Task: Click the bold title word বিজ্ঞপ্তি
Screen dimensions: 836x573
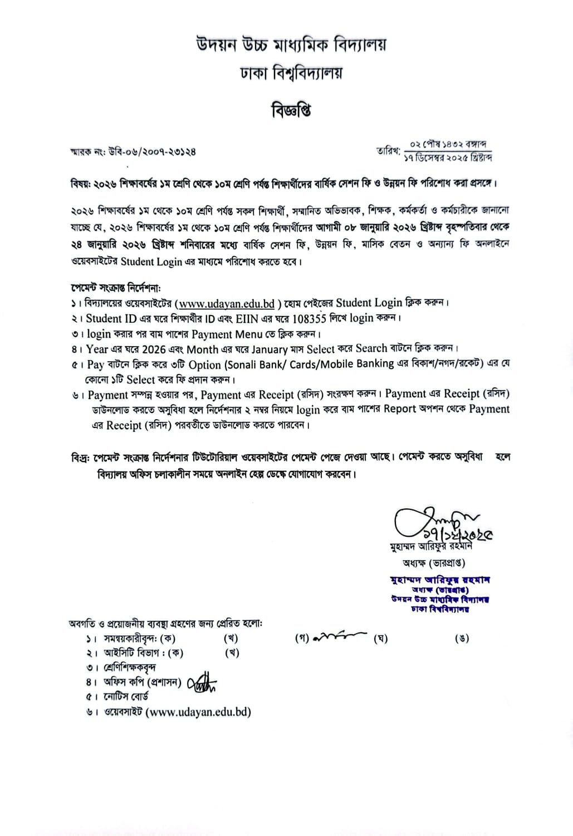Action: coord(291,110)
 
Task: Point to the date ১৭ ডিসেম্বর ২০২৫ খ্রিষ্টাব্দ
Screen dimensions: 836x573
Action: coord(448,157)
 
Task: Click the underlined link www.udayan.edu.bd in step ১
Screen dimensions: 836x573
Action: coord(227,304)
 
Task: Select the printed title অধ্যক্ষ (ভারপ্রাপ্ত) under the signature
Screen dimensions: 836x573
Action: coord(434,563)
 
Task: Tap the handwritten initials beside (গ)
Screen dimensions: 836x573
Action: coord(340,636)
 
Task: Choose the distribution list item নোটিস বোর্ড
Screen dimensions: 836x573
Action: coord(126,697)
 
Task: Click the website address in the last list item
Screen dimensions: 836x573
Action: coord(198,712)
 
